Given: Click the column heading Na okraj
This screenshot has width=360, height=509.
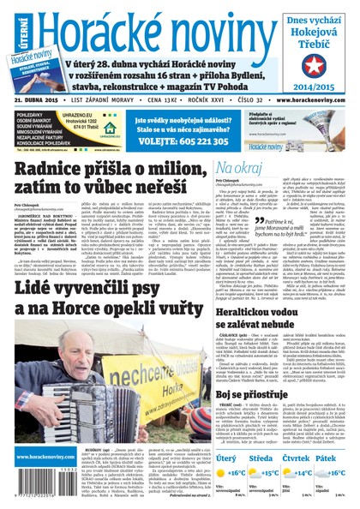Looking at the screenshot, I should click(x=237, y=169).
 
